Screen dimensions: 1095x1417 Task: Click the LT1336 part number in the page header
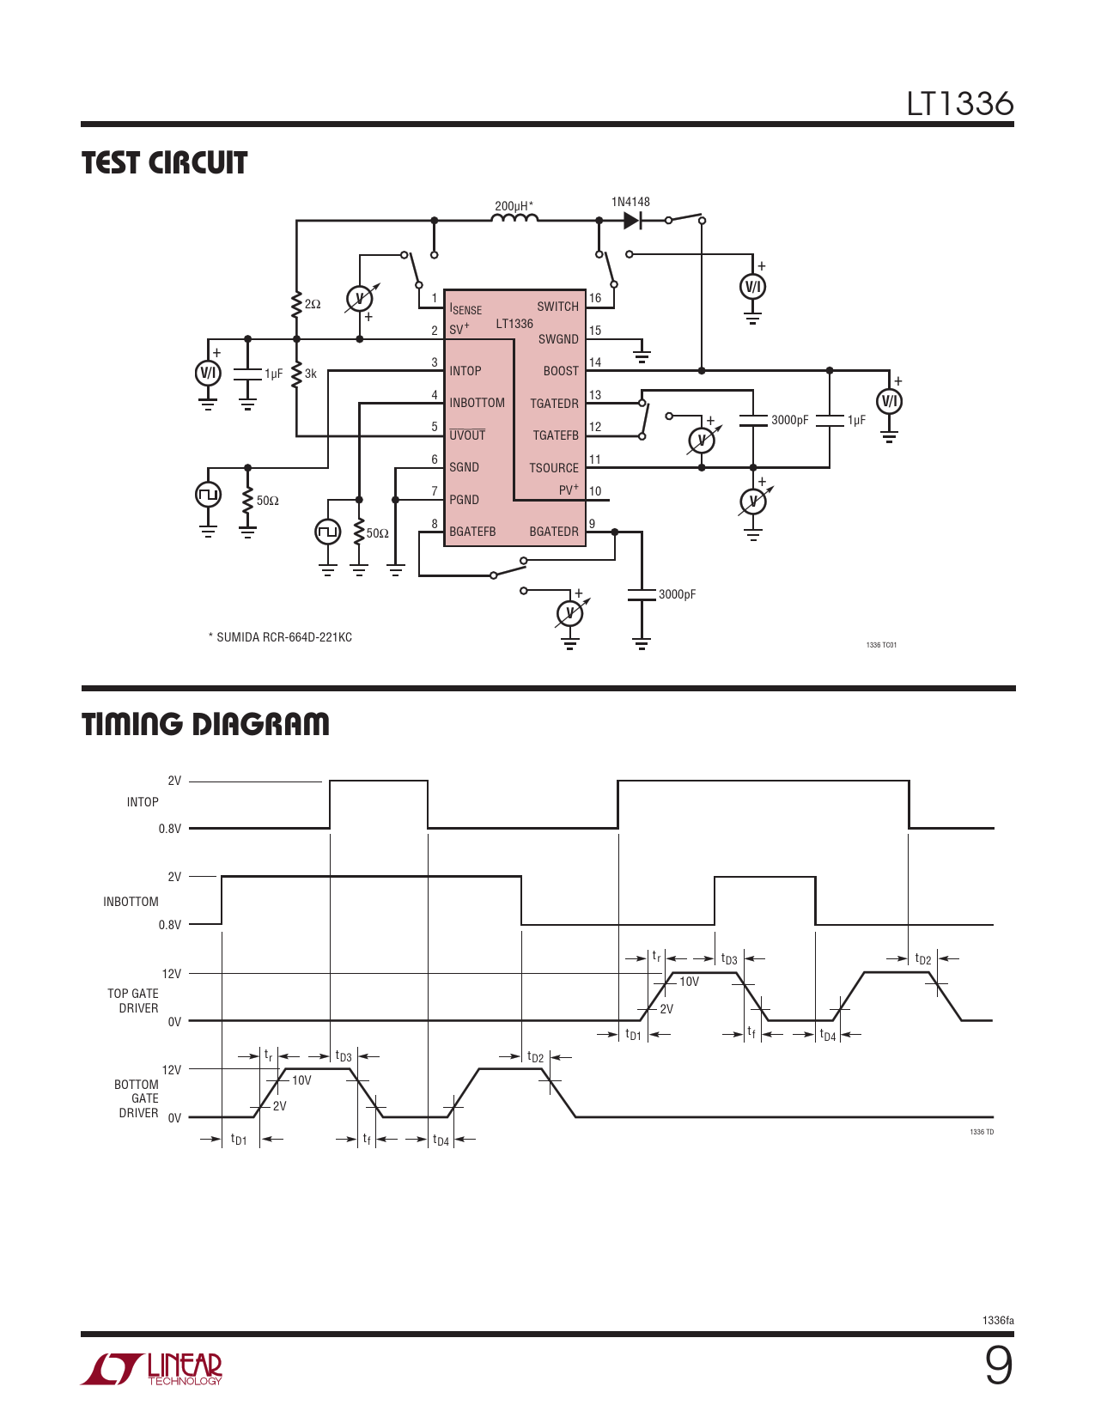tap(960, 104)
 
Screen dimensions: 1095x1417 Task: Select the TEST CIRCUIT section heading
tap(164, 162)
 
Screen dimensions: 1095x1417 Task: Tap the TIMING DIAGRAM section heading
tap(205, 724)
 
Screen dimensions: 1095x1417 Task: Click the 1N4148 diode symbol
tap(632, 221)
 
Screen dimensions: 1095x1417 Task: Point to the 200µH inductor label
tap(514, 206)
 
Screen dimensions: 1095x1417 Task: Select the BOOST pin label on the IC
tap(561, 371)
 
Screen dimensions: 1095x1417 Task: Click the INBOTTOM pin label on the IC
tap(477, 403)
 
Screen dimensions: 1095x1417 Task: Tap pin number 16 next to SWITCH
tap(595, 298)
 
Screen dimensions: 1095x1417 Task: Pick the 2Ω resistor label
tap(313, 304)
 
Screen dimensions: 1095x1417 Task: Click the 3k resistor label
tap(310, 374)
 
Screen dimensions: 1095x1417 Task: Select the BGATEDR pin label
tap(554, 532)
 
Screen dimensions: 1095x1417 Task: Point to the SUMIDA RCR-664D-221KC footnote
tap(281, 637)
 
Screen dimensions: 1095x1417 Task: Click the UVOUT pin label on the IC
tap(467, 435)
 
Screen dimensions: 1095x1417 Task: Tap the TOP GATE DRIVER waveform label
tap(133, 1000)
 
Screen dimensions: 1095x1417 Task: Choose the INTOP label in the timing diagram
tap(143, 802)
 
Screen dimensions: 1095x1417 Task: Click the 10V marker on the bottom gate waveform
tap(301, 1080)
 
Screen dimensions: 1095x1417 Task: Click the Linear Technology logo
tap(151, 1369)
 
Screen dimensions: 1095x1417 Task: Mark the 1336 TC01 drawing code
tap(881, 645)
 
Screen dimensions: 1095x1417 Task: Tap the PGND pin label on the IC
tap(464, 500)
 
